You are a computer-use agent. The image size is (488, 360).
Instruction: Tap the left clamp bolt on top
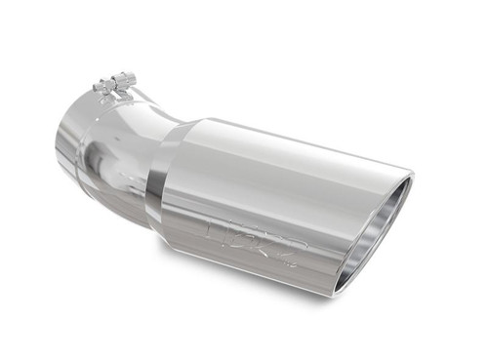pyautogui.click(x=102, y=85)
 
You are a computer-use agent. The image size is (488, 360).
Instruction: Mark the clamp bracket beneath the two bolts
pyautogui.click(x=113, y=93)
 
